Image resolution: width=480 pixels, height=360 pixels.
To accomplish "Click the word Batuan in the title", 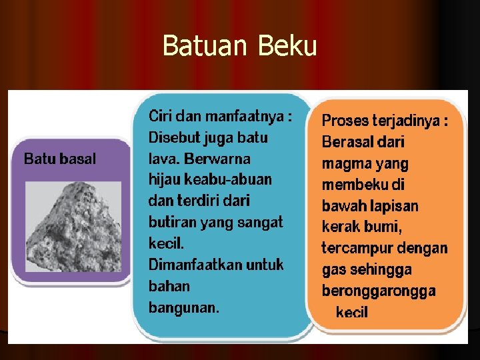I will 203,47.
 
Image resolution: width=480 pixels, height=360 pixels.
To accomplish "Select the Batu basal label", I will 60,159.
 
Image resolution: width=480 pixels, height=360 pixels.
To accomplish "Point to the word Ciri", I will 160,116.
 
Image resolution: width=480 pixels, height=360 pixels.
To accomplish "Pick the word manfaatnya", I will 249,116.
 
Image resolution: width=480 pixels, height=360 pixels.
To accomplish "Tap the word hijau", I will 165,180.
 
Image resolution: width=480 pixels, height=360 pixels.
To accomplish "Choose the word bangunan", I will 183,307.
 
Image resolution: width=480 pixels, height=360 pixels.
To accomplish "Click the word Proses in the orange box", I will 344,121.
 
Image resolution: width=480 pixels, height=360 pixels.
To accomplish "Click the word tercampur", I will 354,248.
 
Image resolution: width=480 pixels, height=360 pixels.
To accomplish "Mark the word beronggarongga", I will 379,291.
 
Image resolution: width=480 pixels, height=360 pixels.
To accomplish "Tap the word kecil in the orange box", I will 352,312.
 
